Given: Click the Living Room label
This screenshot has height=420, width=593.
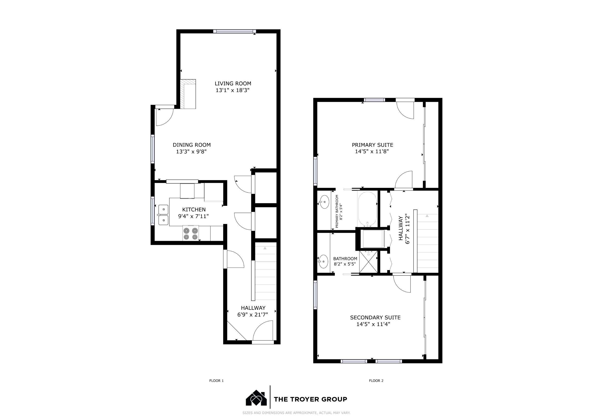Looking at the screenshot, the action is click(233, 84).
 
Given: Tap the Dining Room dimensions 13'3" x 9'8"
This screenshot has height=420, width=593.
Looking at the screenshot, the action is click(191, 152).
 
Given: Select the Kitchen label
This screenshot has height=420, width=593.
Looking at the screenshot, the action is click(194, 210).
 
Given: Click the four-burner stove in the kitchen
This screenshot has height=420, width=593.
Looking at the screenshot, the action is click(191, 233).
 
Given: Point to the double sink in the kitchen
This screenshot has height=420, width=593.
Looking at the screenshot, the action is click(163, 215).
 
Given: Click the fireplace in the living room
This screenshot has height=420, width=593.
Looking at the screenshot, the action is click(188, 94).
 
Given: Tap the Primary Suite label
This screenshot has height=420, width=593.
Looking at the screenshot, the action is click(372, 145).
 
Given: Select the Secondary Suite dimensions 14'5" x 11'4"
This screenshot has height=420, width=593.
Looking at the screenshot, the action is click(373, 324).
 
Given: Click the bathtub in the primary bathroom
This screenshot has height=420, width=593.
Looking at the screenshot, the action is click(367, 209).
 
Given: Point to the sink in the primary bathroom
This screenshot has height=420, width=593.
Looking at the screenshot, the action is click(324, 202).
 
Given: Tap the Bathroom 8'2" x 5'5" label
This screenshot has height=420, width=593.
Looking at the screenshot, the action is click(345, 261).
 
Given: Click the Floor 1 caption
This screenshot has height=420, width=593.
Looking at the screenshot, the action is click(216, 381).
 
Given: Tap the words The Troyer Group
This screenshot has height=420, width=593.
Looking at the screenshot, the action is click(310, 399).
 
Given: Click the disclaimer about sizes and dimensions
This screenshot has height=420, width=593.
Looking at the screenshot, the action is click(296, 413).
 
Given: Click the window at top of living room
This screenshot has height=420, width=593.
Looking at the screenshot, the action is click(234, 31).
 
